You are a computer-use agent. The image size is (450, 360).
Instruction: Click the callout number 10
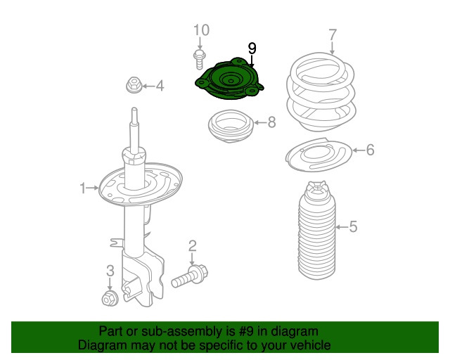pos(202,30)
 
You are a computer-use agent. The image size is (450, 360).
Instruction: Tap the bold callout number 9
pos(252,49)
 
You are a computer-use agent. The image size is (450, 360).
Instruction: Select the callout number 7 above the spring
pos(333,35)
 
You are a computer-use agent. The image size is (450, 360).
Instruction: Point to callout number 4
pos(160,86)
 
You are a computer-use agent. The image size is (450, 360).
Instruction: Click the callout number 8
pos(271,122)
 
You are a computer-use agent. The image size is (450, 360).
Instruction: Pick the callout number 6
pos(371,150)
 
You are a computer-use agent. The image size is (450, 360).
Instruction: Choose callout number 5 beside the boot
pos(353,226)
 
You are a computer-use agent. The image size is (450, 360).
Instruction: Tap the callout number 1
pos(83,188)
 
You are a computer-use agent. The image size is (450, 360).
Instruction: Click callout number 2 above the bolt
pos(192,246)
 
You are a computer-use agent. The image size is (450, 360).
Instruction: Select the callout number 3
pos(110,271)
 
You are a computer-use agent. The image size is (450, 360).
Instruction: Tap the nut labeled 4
pos(134,85)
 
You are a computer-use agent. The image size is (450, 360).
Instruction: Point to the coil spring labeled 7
pos(321,92)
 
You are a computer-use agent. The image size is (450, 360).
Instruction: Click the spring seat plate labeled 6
pos(319,155)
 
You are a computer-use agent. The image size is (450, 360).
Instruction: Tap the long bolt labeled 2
pos(190,276)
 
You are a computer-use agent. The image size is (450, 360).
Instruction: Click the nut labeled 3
pos(110,298)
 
